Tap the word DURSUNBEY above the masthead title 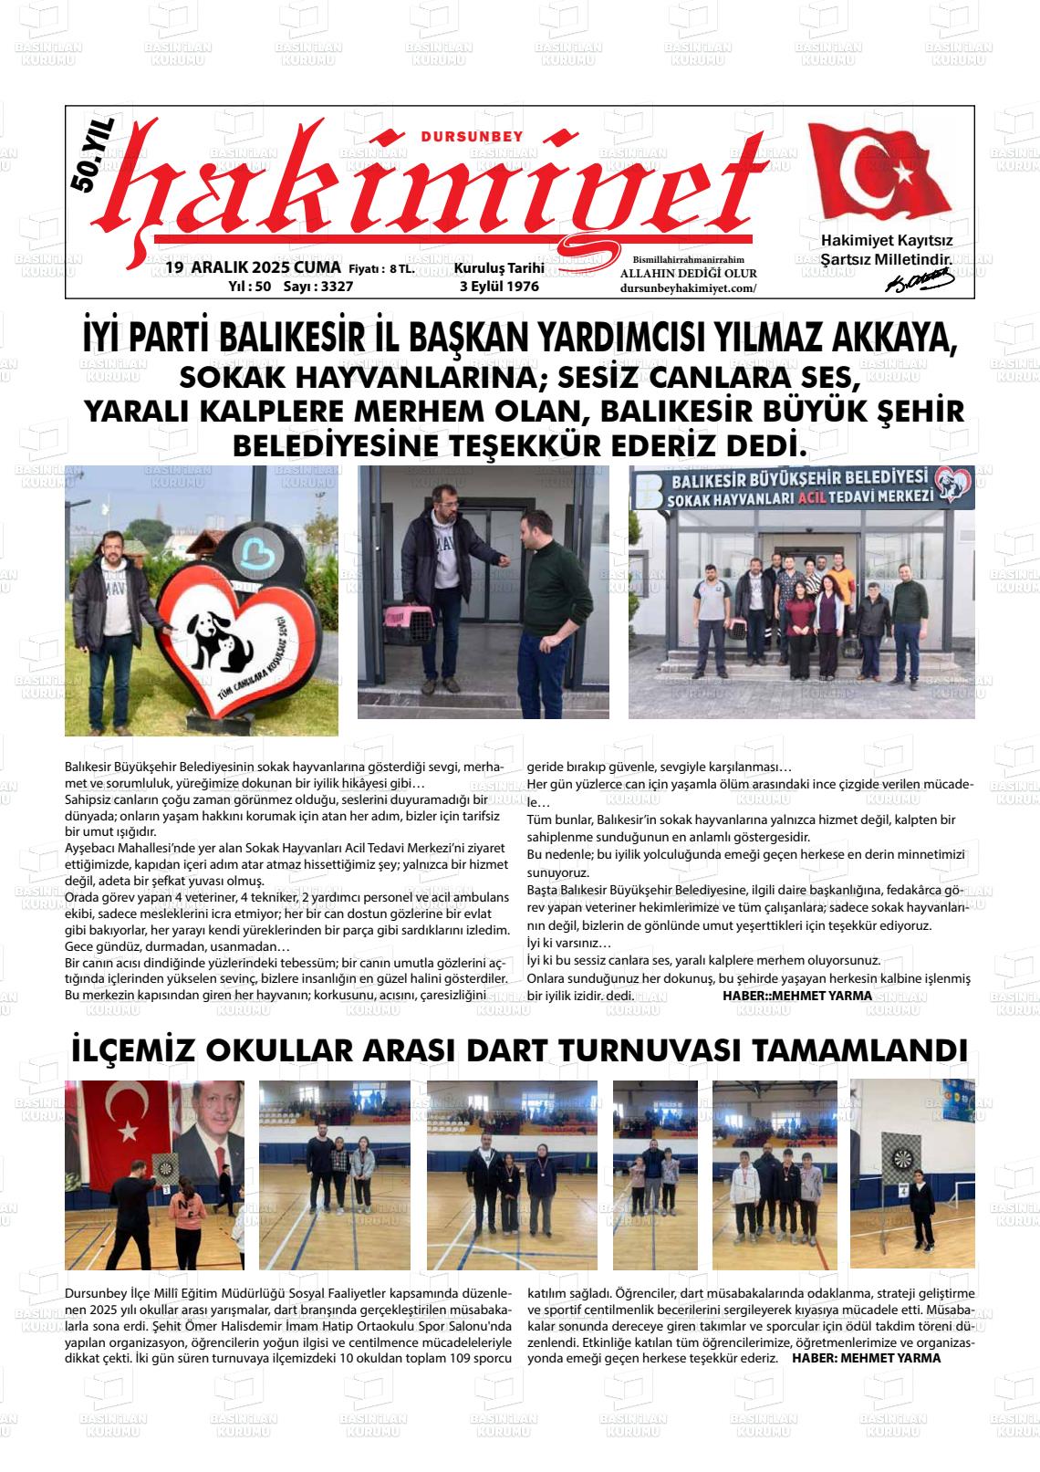[473, 136]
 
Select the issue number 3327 [332, 287]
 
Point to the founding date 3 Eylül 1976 [499, 287]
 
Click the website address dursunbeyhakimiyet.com [688, 288]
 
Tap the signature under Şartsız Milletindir [919, 282]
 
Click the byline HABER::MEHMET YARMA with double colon [796, 996]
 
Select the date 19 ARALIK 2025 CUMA [254, 268]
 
